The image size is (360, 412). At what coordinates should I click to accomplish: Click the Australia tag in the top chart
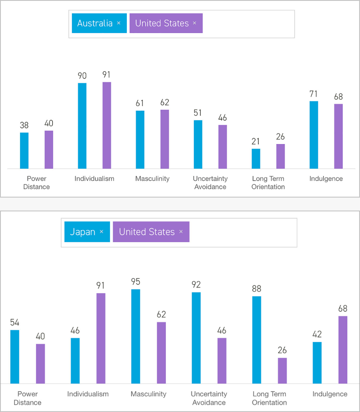95,23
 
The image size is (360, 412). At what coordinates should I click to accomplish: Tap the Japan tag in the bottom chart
83,232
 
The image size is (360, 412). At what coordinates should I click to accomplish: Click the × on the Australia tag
119,23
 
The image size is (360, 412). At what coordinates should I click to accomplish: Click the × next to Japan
101,232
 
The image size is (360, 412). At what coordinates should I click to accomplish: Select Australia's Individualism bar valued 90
82,126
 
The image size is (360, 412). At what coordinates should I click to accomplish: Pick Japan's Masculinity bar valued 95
136,336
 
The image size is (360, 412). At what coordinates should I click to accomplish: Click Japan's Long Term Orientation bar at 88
257,340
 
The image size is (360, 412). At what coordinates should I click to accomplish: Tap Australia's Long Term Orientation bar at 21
256,159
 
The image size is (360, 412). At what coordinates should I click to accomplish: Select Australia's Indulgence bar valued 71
314,135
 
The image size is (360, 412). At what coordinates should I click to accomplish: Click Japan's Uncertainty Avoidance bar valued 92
196,338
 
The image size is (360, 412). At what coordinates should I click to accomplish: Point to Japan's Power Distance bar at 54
15,357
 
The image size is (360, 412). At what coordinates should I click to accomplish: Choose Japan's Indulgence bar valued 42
317,363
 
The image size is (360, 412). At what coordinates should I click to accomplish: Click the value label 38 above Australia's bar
24,125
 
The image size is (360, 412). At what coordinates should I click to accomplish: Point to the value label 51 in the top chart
198,113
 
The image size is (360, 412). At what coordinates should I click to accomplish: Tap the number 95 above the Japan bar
136,282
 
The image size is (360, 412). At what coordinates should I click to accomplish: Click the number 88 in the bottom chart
256,289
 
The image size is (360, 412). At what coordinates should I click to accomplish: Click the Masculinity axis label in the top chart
152,179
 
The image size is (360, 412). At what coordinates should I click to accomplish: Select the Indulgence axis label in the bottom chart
330,394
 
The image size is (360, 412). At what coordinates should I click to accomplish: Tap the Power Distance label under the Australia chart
36,182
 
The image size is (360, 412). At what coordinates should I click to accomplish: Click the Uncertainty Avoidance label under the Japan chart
209,398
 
